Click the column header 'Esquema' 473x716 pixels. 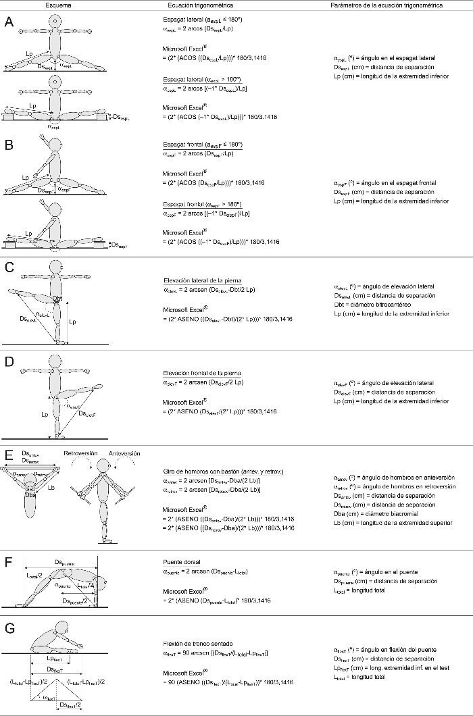[59, 5]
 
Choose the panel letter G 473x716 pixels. [8, 628]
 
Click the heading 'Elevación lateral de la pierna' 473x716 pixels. [203, 279]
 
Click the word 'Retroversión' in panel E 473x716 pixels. [80, 453]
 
